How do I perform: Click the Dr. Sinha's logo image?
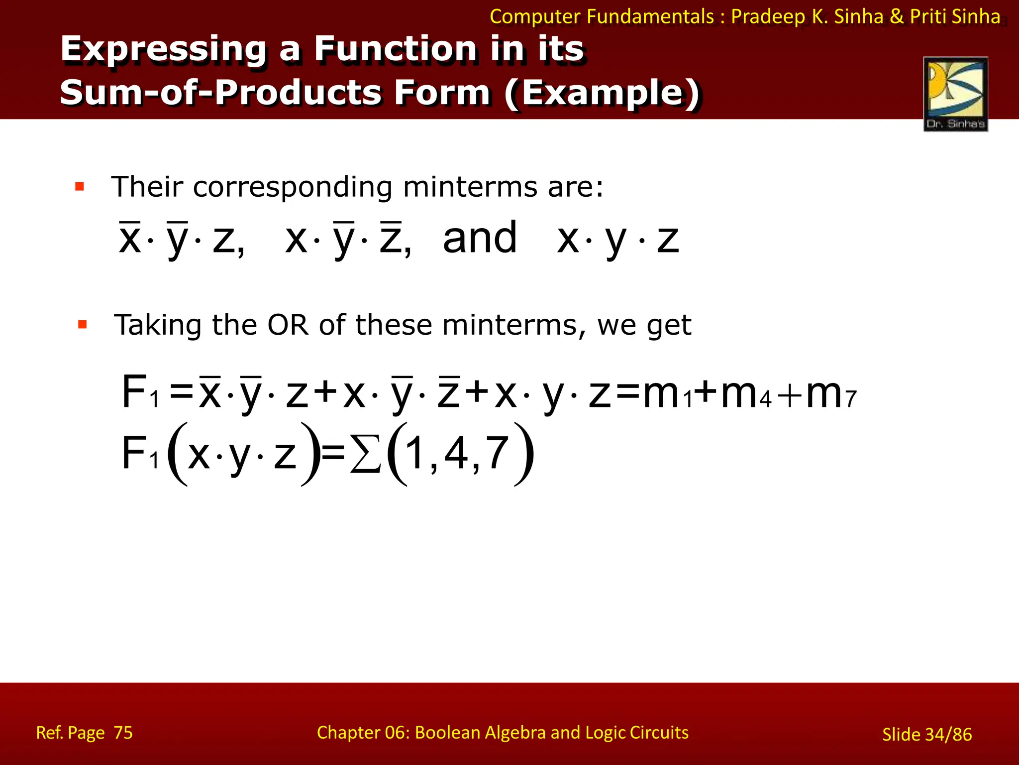pos(955,94)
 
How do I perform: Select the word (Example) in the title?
pos(602,93)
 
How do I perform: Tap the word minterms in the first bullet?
pos(470,187)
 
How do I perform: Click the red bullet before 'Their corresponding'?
pos(80,187)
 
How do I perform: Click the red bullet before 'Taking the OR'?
pos(83,325)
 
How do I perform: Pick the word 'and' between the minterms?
pos(480,239)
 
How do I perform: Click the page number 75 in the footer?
pos(123,733)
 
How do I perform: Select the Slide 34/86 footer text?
pos(926,735)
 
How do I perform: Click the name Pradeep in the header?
pos(768,16)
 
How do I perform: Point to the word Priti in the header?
pos(928,16)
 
